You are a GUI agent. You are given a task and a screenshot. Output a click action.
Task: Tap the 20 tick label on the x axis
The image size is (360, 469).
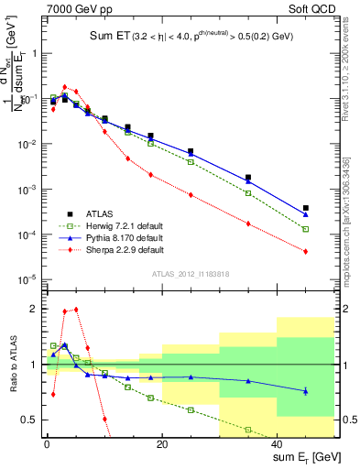tap(162, 443)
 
